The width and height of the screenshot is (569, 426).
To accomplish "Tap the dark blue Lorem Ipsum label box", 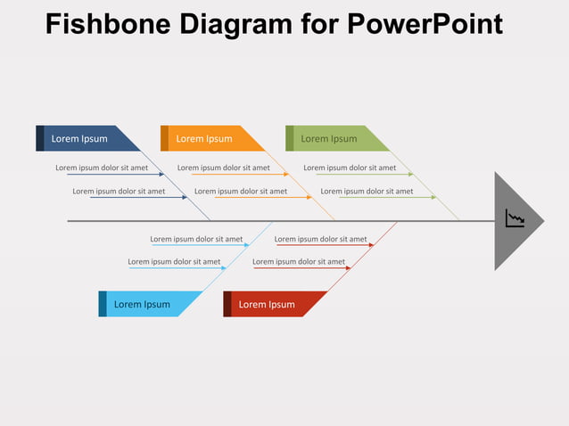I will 85,138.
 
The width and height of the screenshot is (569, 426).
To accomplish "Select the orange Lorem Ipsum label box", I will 210,138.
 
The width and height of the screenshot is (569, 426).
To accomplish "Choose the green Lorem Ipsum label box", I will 334,138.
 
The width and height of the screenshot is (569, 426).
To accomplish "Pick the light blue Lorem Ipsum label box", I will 147,304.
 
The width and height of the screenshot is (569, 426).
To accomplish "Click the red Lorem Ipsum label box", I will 272,304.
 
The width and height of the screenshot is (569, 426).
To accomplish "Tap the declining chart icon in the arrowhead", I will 515,218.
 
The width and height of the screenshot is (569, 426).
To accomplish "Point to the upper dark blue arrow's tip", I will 164,174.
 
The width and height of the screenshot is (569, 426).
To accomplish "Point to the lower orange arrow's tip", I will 311,197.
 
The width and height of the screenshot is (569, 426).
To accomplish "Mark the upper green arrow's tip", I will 413,174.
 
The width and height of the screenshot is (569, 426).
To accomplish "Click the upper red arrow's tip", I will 373,244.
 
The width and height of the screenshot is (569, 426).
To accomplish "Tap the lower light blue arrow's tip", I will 226,267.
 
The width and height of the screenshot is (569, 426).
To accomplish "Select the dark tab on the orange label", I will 164,138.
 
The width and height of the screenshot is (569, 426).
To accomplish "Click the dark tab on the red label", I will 227,304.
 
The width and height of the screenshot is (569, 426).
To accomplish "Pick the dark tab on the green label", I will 289,138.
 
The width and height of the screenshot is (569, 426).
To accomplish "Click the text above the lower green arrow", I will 367,191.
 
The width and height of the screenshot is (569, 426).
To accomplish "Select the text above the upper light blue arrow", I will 196,239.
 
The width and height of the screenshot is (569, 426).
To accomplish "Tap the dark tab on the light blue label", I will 103,304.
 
